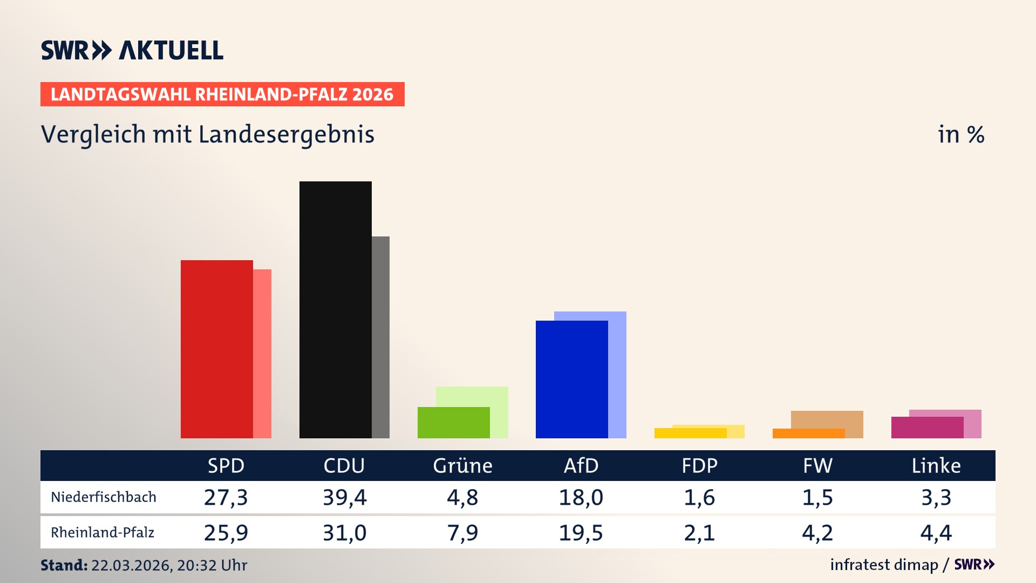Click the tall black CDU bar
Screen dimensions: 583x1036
coord(335,309)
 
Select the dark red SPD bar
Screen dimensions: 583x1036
coord(216,349)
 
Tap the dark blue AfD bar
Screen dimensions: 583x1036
coord(571,379)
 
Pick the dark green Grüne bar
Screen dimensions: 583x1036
coord(453,423)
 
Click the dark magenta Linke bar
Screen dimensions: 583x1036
coord(926,428)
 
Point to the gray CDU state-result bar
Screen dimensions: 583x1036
coord(380,337)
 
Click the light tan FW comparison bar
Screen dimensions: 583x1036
coord(827,419)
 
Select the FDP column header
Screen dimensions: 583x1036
coord(699,465)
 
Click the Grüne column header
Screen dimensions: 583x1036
coord(462,465)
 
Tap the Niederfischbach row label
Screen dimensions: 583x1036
coord(104,497)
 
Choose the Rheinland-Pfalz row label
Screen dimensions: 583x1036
coord(103,533)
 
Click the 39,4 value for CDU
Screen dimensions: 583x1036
coord(344,497)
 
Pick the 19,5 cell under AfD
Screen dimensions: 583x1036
coord(581,533)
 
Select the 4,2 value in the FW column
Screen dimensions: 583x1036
coord(817,533)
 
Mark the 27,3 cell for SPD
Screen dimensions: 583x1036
coord(226,497)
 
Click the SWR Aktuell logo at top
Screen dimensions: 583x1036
coord(132,50)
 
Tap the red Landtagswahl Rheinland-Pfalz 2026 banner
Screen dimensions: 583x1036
coord(222,94)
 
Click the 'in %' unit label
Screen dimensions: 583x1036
coord(960,134)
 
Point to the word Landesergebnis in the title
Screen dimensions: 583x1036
coord(286,134)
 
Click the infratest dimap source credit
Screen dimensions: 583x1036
coord(884,565)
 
